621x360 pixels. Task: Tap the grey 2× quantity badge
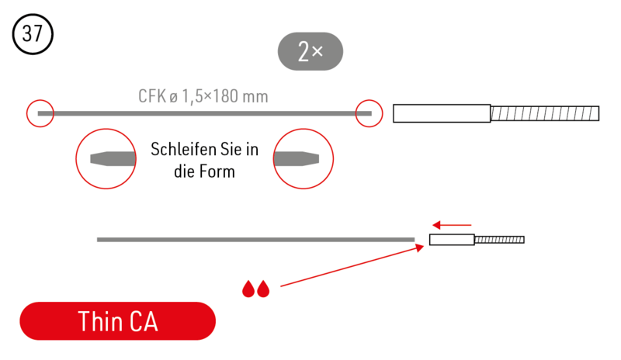[310, 51]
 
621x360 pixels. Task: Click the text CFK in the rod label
[152, 96]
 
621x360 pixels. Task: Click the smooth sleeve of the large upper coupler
[442, 113]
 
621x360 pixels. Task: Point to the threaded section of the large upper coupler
[545, 113]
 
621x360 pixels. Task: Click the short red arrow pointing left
[452, 225]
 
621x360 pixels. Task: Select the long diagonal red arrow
[352, 266]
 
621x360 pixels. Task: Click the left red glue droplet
[248, 289]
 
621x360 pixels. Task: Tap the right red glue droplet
[263, 289]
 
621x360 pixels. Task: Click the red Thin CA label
[118, 320]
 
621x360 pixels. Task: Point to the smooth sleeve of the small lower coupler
[452, 240]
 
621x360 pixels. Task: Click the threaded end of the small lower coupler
[499, 240]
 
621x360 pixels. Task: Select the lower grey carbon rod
[256, 240]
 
